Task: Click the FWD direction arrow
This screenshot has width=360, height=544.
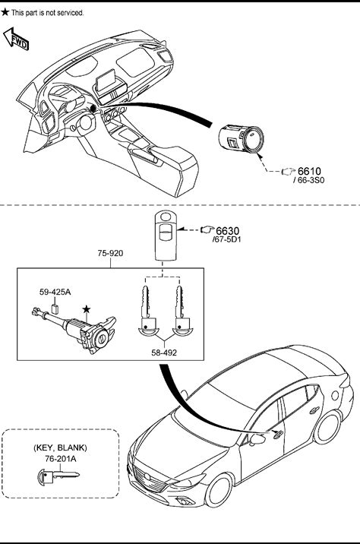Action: [x=16, y=39]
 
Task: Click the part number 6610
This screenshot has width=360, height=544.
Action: [x=309, y=172]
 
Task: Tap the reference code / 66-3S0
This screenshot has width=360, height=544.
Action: [x=308, y=180]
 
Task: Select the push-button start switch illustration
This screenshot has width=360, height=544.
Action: [x=241, y=139]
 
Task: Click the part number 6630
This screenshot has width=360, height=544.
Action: [x=228, y=231]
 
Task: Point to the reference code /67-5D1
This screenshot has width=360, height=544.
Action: [x=226, y=240]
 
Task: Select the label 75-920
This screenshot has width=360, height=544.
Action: [x=110, y=253]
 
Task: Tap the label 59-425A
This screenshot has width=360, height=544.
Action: [x=55, y=292]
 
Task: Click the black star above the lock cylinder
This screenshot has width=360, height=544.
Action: [x=87, y=308]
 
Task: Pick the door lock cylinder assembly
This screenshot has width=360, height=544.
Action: [x=74, y=330]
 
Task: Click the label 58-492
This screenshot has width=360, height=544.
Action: [x=164, y=353]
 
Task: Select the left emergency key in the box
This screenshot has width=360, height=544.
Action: [x=147, y=311]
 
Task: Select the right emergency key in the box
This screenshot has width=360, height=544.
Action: [x=180, y=311]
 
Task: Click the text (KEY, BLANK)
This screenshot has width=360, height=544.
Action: [x=60, y=448]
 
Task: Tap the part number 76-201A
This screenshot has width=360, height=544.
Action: [x=60, y=459]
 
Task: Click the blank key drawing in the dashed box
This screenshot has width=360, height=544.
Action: [x=58, y=476]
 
